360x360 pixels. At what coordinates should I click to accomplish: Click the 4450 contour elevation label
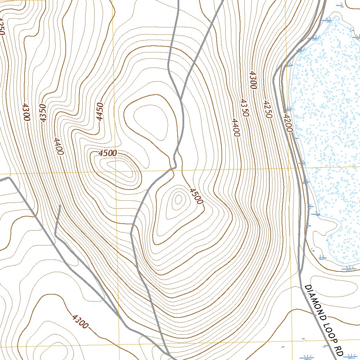click(x=101, y=111)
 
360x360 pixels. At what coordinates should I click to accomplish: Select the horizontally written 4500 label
click(x=108, y=153)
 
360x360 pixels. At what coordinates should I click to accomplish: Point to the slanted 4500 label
click(x=196, y=196)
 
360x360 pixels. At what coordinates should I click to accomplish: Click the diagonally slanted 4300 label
click(x=80, y=321)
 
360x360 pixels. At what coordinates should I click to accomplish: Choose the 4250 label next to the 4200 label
click(x=267, y=109)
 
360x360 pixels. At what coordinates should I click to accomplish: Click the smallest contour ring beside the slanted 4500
click(x=178, y=200)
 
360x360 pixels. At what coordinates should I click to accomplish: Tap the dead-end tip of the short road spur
click(x=60, y=205)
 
